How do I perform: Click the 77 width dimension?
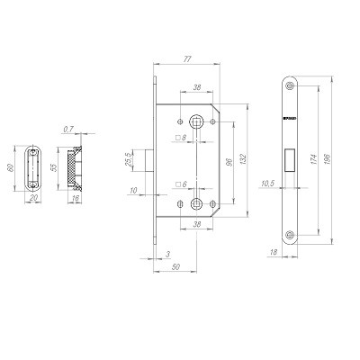pos(186,58)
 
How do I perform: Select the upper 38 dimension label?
pos(196,88)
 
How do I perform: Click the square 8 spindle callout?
pos(180,138)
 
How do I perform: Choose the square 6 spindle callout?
pos(180,184)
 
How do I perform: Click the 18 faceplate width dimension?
pos(273,255)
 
